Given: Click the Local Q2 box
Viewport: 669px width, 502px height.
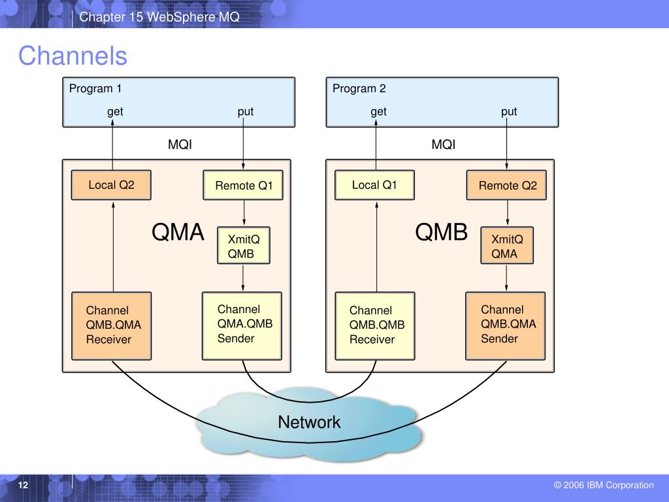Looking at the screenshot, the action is [x=111, y=185].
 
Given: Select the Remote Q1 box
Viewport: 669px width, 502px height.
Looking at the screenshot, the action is [x=243, y=185].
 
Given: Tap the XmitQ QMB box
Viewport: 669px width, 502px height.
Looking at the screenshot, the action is [x=243, y=246].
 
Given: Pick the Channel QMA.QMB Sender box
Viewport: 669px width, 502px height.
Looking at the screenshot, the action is [x=242, y=326].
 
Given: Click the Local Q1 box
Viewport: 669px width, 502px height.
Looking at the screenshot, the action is [x=374, y=185].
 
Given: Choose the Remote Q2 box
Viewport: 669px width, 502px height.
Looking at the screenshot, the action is [x=506, y=185].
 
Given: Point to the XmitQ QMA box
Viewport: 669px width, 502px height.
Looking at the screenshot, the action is [x=507, y=246].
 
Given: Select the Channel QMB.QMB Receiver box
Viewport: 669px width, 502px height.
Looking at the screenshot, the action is [x=375, y=326].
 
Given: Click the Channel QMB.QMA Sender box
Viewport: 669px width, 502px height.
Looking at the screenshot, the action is [x=506, y=326].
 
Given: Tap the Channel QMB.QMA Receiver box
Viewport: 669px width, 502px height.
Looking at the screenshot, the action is [x=111, y=326].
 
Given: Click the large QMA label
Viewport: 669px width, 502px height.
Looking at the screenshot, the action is [x=178, y=232].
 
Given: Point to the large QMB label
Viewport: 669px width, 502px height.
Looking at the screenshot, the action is [x=442, y=232].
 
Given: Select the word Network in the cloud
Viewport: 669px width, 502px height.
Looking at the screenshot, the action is [x=309, y=422].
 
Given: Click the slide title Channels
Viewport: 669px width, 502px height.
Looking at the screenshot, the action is [x=73, y=56].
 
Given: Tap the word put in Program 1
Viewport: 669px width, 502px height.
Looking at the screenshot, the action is [x=246, y=112].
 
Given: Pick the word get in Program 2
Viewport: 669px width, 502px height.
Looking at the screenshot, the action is [x=378, y=112].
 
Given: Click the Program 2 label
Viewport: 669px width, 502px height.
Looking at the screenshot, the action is [x=359, y=89].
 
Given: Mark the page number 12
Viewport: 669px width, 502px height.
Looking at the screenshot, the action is [x=23, y=485].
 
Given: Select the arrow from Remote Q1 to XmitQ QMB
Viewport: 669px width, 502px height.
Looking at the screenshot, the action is [x=244, y=212].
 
